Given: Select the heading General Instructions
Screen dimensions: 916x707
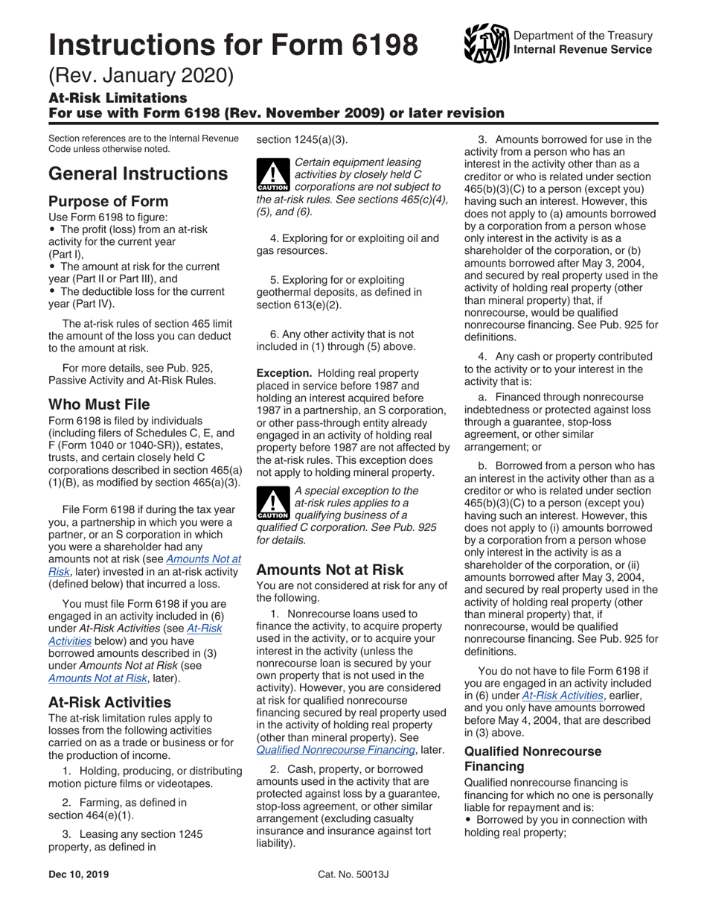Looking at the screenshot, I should [138, 174].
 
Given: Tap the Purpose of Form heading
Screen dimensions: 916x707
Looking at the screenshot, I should [108, 201].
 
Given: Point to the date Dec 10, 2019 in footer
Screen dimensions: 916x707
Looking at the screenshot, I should [78, 874].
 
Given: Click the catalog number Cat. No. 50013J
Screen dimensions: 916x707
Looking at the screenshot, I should [353, 874].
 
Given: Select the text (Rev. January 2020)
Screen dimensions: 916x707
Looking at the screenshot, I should [141, 76].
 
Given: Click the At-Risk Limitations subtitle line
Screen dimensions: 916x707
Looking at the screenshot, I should [118, 98].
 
